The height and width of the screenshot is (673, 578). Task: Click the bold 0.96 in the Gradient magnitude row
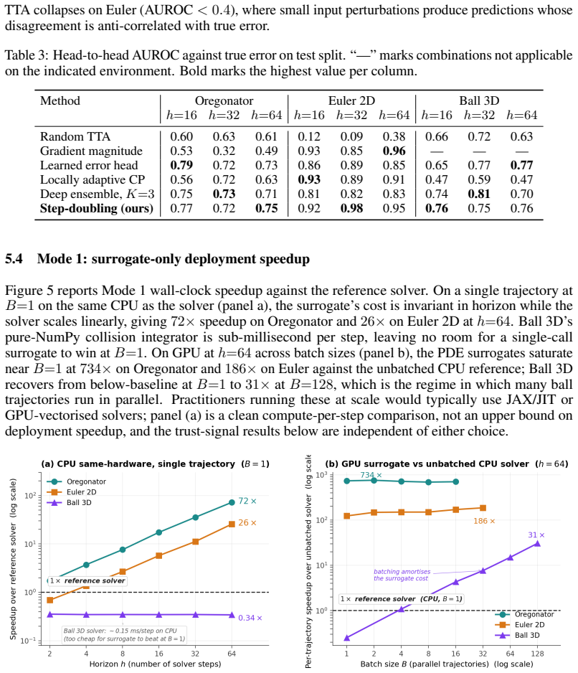tap(394, 151)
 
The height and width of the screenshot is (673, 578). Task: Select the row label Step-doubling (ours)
tap(97, 209)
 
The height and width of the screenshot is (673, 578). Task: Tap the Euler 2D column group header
tap(351, 101)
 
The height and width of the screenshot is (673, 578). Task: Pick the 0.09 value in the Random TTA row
tap(351, 136)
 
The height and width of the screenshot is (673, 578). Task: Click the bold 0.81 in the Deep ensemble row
tap(479, 194)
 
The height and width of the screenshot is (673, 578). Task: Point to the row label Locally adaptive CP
tap(93, 180)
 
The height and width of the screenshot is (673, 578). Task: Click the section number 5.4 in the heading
tap(14, 259)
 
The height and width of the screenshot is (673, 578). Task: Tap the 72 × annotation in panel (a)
tap(247, 501)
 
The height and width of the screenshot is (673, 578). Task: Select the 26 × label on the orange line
tap(247, 523)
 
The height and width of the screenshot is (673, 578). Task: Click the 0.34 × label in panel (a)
tap(250, 618)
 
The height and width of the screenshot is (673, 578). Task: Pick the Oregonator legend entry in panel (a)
tap(77, 481)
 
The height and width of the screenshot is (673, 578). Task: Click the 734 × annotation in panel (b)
tap(371, 475)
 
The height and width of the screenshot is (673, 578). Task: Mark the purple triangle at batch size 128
tap(537, 544)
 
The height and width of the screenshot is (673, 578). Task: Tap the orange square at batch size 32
tap(483, 508)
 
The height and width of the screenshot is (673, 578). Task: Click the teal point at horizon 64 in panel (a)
tap(232, 502)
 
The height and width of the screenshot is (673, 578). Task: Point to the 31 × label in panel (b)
tap(536, 535)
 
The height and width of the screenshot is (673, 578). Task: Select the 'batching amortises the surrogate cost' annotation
tap(402, 575)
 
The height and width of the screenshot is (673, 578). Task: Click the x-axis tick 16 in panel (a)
tap(158, 654)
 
